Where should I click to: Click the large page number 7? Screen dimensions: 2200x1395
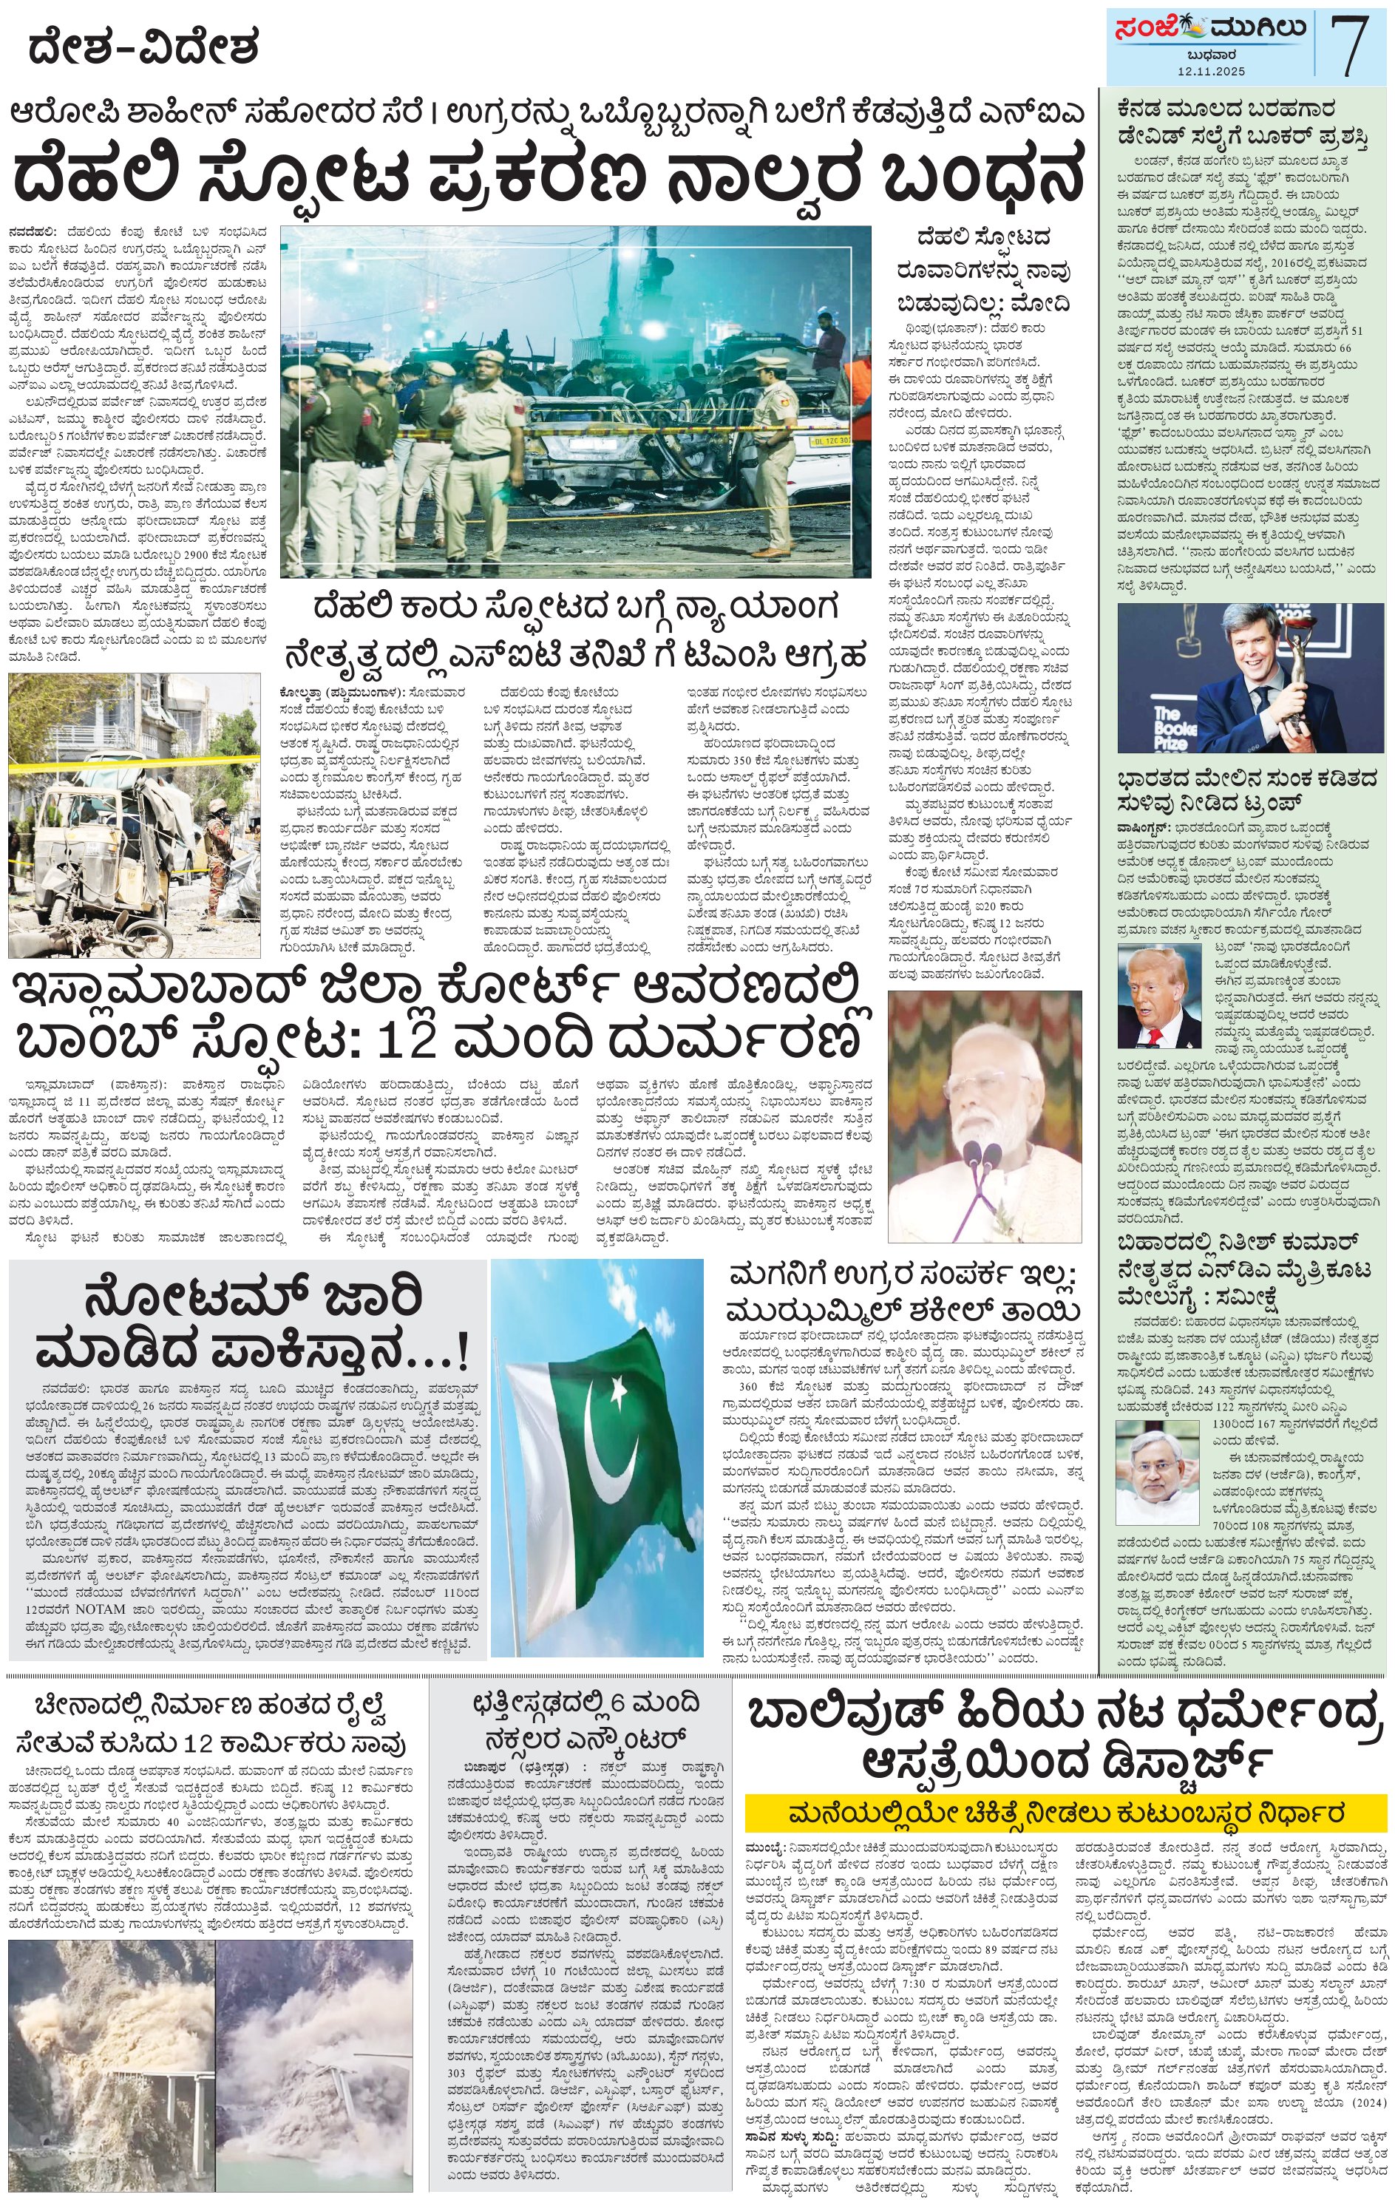coord(1350,47)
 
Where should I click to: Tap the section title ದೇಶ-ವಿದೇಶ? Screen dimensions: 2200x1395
coord(144,47)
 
